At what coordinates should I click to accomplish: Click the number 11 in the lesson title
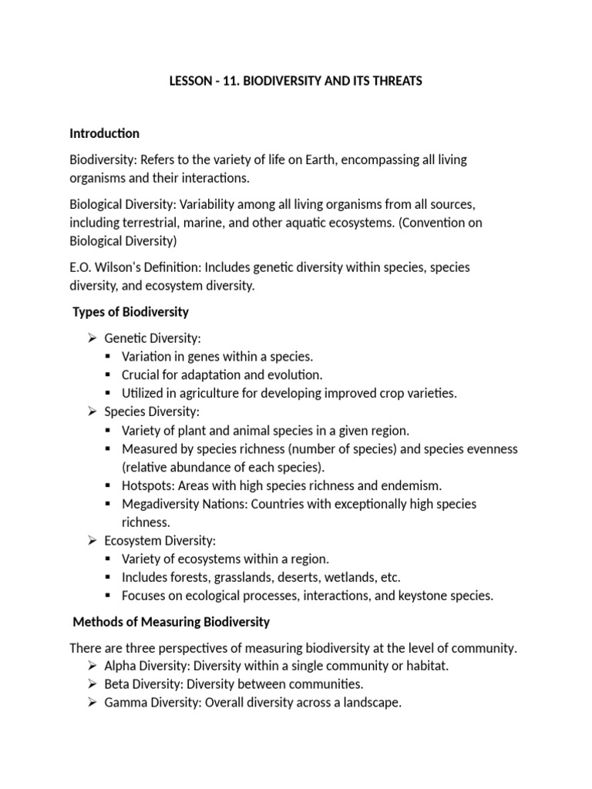coord(224,81)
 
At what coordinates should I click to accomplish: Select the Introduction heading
coord(104,133)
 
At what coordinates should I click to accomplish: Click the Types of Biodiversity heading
coord(130,312)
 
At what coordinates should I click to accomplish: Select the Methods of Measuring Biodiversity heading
coord(171,622)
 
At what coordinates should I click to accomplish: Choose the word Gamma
coord(126,703)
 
